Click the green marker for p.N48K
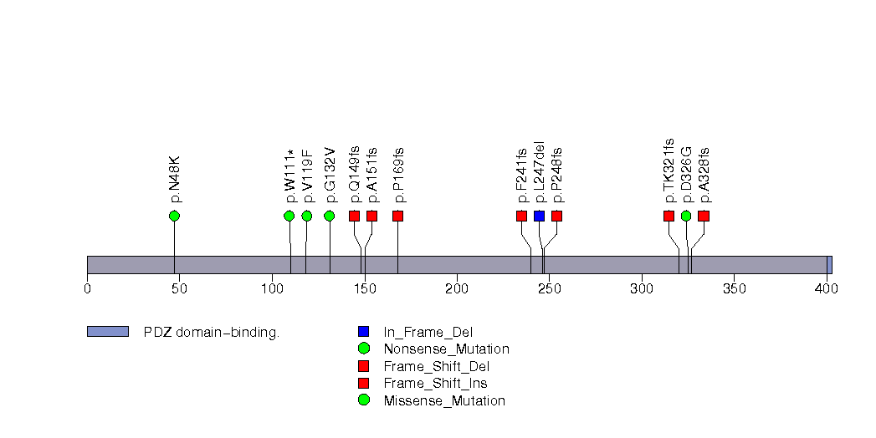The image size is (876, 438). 174,216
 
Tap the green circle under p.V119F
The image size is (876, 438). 307,216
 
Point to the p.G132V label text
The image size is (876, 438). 330,175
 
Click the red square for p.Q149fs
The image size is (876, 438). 355,216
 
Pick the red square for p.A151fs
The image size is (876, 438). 372,216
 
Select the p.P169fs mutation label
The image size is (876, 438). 398,176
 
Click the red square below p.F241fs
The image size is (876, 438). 522,216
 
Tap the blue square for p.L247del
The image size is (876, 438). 540,216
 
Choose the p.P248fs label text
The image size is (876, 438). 557,176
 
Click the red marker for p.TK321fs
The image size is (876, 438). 669,216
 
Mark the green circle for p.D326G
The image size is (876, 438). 686,216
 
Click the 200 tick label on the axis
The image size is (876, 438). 457,289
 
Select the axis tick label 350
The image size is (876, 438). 734,289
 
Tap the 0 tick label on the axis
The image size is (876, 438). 87,289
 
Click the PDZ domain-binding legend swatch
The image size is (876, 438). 107,332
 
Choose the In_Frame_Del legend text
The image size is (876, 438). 428,332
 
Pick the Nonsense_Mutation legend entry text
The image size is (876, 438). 446,349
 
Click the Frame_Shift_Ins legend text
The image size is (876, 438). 435,384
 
